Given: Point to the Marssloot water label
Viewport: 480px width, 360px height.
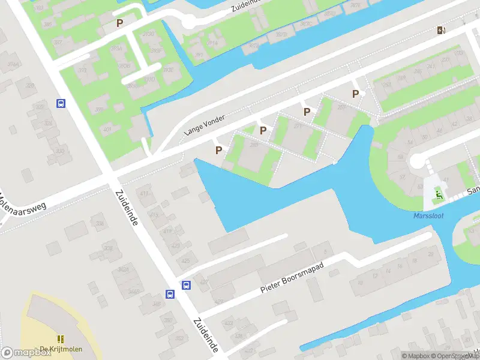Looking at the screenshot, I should click(429, 216).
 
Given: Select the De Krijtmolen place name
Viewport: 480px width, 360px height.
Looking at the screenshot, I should click(61, 350).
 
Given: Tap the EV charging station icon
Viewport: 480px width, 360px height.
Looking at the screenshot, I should click(442, 31).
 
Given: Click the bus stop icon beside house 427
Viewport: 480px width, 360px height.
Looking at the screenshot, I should click(187, 286).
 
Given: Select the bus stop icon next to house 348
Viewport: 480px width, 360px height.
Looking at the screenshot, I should click(170, 294).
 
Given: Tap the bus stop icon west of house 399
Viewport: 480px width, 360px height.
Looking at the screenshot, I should click(61, 103).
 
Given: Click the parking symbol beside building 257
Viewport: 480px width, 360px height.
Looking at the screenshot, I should click(356, 94).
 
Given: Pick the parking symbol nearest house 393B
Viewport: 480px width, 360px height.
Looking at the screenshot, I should click(120, 23).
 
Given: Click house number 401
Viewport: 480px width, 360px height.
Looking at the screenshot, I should click(107, 129).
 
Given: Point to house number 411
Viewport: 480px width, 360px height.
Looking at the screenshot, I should click(143, 193).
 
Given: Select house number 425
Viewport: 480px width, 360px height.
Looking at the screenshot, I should click(185, 260).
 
